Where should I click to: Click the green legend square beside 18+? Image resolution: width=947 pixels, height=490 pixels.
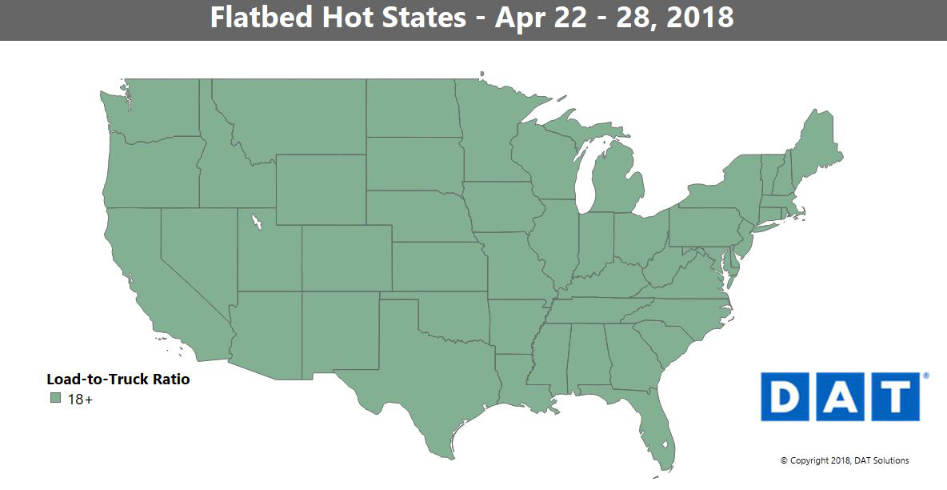click(55, 399)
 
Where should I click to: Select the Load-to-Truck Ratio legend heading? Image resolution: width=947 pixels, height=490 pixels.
click(118, 380)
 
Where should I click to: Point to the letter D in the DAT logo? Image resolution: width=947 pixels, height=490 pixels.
click(786, 396)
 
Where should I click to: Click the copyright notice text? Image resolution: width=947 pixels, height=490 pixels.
click(844, 460)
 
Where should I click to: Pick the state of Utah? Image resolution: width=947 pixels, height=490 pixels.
click(268, 256)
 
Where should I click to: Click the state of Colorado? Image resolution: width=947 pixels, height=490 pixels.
click(346, 256)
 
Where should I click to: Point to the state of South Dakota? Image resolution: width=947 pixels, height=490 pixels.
click(412, 163)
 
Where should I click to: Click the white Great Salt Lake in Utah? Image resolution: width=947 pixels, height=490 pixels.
click(257, 219)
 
